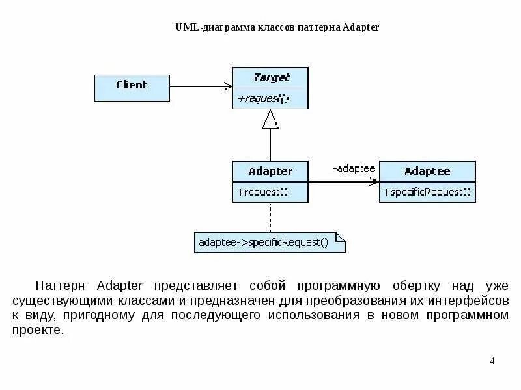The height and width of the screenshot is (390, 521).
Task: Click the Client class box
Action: point(132,87)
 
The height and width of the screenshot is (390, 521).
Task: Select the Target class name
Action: point(270,77)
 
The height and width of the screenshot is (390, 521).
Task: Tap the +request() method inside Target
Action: point(262,98)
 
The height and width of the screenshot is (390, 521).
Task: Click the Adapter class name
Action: point(270,172)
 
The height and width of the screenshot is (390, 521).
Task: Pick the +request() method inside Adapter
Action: point(262,192)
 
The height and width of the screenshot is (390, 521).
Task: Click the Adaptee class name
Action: point(427,172)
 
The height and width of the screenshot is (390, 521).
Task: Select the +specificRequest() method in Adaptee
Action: point(427,192)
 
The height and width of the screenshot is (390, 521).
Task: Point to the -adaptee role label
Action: point(354,169)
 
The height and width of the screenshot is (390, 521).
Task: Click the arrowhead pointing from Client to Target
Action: point(228,86)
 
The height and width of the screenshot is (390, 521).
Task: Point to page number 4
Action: point(492,361)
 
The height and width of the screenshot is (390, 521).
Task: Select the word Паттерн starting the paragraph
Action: point(60,286)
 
